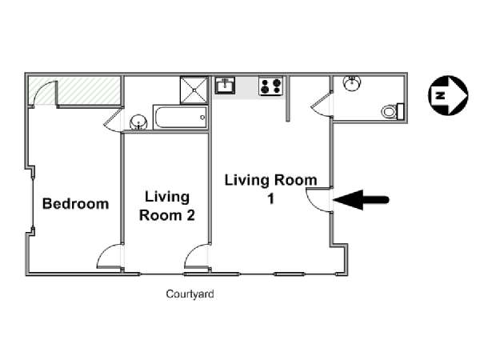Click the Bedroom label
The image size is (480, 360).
coord(76,204)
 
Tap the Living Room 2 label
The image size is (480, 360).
coord(167,206)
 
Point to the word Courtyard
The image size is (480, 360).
coord(190,294)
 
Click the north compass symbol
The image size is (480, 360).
coord(448,95)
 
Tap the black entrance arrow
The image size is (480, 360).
coord(361,200)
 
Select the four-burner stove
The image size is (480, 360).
coord(271,86)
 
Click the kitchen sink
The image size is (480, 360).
coord(225,85)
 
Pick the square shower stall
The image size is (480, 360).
coord(194,90)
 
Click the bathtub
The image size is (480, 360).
coord(180,118)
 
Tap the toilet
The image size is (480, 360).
coord(393,111)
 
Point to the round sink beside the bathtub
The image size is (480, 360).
coord(138,122)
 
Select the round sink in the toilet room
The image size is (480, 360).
coord(352,83)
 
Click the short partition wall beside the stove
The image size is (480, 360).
coord(288,98)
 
